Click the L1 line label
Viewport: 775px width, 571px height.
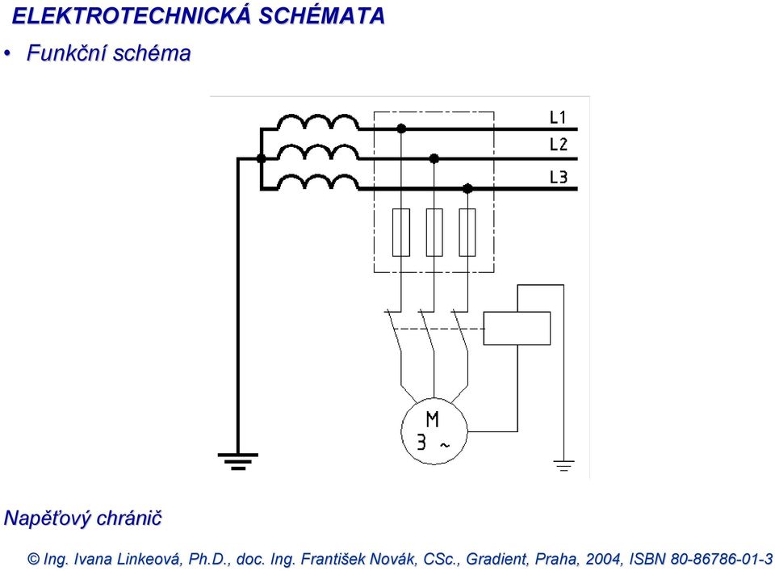(x=558, y=117)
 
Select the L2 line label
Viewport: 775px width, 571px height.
(x=559, y=145)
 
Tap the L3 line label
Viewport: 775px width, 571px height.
(x=559, y=177)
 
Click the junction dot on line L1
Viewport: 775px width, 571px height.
(x=401, y=128)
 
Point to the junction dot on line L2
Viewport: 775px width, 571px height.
(x=434, y=158)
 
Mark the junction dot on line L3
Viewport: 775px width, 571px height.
(x=467, y=188)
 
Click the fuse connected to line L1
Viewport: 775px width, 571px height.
(x=401, y=233)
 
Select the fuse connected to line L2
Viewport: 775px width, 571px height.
(x=434, y=233)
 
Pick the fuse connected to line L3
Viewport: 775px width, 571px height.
(x=467, y=233)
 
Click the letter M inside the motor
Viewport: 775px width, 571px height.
(x=432, y=419)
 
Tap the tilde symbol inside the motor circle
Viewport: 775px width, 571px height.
(x=445, y=446)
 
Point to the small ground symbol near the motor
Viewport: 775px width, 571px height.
(x=563, y=465)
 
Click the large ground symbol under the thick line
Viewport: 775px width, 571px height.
(x=237, y=461)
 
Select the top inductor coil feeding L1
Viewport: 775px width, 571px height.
(x=318, y=123)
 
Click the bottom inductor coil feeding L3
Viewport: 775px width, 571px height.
(x=318, y=183)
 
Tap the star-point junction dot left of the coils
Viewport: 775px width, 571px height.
(x=262, y=158)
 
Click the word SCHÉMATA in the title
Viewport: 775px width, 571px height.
(x=322, y=16)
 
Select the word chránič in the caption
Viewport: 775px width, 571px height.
(x=129, y=519)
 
